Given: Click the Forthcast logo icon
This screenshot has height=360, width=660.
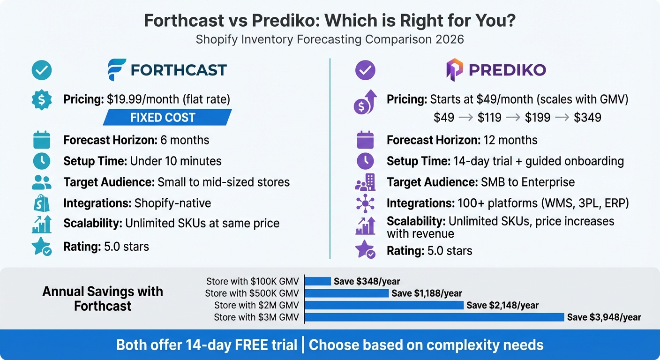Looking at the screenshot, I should coord(117,70).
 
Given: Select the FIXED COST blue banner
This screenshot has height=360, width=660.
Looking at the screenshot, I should coord(167,117).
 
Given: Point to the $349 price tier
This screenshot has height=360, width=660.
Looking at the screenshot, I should coord(587,117).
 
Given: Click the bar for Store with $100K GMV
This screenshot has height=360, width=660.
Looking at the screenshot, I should coord(318,281).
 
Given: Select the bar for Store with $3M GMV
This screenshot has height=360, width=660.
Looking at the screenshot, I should coord(434,317).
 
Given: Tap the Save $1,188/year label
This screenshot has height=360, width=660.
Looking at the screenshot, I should coord(427,293).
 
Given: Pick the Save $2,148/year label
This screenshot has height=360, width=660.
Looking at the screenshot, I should coord(502,306).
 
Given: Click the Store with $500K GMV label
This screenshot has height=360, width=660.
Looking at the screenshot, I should coord(252,293).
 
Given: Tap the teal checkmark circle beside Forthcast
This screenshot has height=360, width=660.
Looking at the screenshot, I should coord(42,70).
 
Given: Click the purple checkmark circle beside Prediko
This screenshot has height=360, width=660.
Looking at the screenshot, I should coord(365,70).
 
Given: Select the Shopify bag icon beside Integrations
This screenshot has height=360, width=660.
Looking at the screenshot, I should coord(42,203).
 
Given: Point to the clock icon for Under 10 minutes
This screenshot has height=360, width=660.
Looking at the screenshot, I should coord(42,161).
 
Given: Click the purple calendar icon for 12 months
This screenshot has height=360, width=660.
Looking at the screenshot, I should coord(365,140).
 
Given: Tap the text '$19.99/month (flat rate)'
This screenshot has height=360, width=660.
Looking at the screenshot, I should coord(169,99).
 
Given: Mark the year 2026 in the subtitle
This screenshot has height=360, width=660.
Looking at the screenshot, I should coord(449,39).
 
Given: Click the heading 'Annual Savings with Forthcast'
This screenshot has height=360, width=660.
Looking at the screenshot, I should coord(103,299).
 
